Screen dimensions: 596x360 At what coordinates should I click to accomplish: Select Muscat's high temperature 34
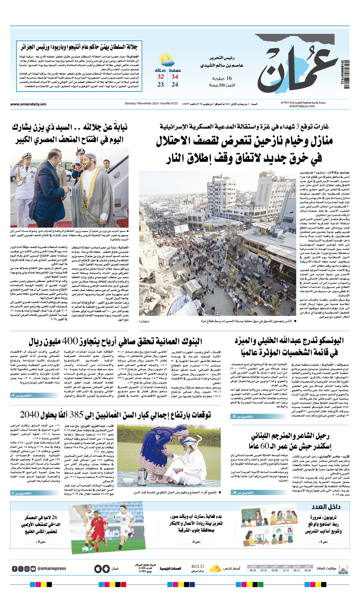coord(175,77)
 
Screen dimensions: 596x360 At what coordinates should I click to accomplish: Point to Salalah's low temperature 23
coord(160,85)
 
